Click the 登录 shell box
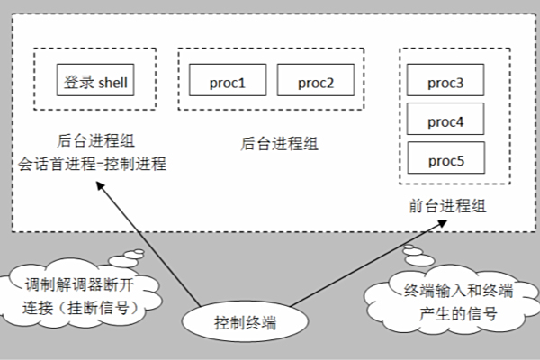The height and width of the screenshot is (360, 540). click(x=95, y=80)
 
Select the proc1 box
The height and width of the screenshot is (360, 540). click(x=228, y=80)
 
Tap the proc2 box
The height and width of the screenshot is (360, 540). click(x=316, y=80)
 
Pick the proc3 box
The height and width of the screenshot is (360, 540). click(x=445, y=80)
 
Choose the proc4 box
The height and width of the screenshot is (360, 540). click(x=445, y=119)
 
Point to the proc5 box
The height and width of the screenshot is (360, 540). click(x=446, y=157)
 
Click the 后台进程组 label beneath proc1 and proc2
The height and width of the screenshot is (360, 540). click(x=279, y=144)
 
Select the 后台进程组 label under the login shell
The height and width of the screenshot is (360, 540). click(x=95, y=141)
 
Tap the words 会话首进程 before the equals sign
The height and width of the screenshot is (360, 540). click(x=57, y=164)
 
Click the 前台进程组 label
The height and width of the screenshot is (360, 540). click(x=447, y=206)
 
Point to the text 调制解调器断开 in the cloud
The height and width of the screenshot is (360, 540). click(x=79, y=285)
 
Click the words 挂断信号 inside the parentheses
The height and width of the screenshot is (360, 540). click(x=98, y=308)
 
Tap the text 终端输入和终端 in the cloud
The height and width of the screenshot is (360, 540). click(x=458, y=291)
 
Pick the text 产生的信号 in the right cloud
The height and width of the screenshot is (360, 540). click(x=458, y=313)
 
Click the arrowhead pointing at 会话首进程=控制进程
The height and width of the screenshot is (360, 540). click(x=99, y=185)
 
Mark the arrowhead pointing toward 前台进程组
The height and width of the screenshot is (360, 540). click(x=442, y=223)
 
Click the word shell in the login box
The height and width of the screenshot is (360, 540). click(x=113, y=82)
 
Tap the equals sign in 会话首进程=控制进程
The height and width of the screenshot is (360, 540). click(x=100, y=165)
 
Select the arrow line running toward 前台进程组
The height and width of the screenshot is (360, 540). click(x=368, y=264)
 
